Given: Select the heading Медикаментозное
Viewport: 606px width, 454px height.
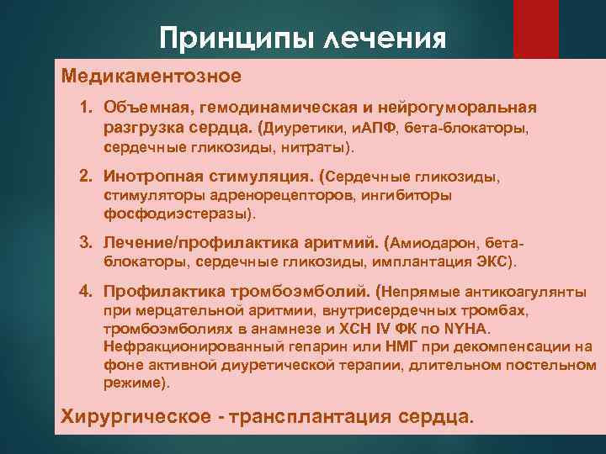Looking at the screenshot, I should coord(151,77).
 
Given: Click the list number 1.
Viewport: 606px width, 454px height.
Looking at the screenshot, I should coord(86,108).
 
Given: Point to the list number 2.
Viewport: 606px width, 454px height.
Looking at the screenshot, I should coord(86,177).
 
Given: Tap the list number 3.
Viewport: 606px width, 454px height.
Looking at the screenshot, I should coord(86,243).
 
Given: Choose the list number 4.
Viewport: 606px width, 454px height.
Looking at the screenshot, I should coord(86,292).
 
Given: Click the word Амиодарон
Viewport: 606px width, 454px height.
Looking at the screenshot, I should coord(436,243).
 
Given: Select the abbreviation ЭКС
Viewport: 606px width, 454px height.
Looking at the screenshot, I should coord(492,261).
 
